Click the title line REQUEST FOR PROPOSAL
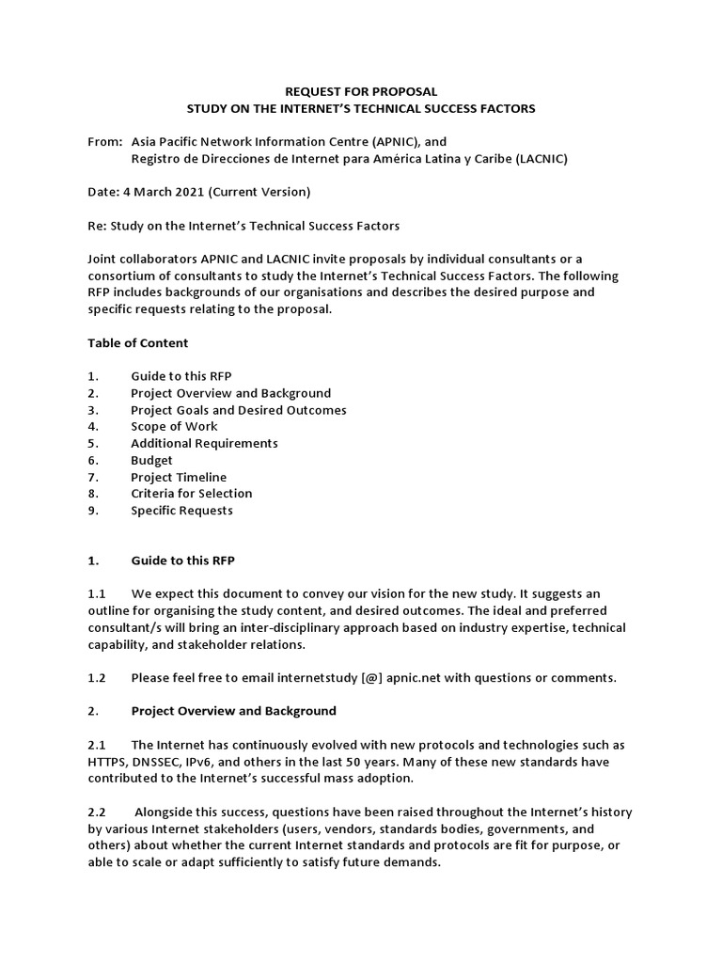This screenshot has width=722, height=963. tap(361, 92)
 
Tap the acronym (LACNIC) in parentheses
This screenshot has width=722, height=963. tap(541, 158)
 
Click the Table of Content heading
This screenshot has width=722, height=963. tap(138, 342)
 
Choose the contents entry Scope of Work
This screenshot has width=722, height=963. tap(174, 426)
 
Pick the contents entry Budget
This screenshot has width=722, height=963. tap(151, 460)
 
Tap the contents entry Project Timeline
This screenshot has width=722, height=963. tap(179, 477)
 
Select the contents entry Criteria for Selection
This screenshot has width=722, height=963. tap(191, 493)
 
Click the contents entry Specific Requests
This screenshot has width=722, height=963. tap(181, 510)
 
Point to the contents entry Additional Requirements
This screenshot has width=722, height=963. tap(204, 443)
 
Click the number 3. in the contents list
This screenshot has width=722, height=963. tap(93, 410)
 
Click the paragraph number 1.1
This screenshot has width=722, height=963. tap(97, 593)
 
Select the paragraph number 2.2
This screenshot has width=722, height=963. tap(97, 811)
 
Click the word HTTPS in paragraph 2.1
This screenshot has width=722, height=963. tap(111, 761)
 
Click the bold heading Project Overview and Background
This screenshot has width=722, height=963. tap(233, 710)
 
